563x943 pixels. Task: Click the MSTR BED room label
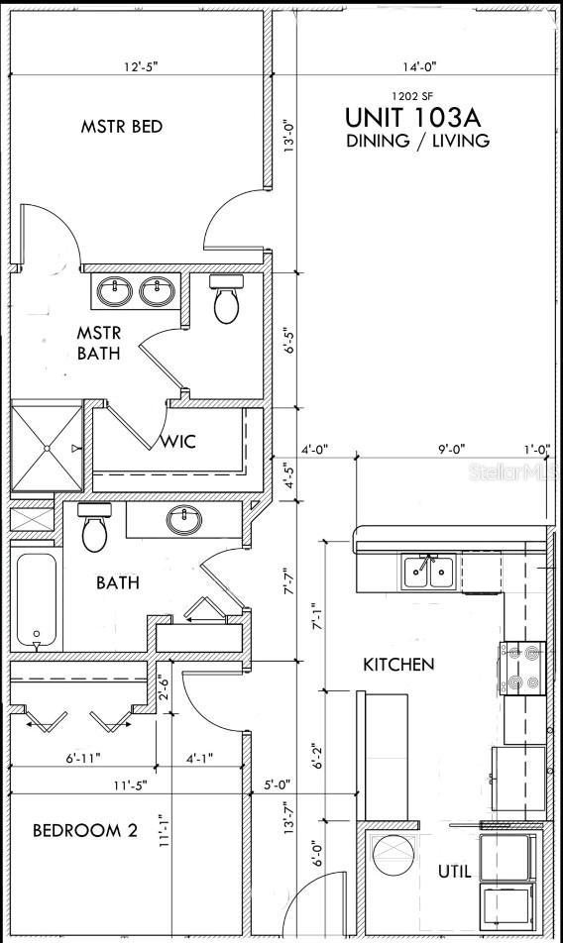click(x=122, y=127)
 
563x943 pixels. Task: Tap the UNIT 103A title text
click(x=417, y=116)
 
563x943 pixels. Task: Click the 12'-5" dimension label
click(x=141, y=67)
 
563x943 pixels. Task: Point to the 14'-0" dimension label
click(x=418, y=67)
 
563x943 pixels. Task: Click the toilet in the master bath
click(x=227, y=300)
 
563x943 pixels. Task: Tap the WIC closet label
click(x=178, y=442)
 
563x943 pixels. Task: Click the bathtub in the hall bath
click(x=37, y=601)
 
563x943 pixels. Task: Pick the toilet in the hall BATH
click(x=95, y=527)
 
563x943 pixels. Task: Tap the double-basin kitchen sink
click(x=428, y=572)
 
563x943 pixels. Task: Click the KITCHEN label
click(x=398, y=664)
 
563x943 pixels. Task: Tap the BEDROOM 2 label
click(x=84, y=831)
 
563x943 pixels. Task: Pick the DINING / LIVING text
click(x=417, y=141)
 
